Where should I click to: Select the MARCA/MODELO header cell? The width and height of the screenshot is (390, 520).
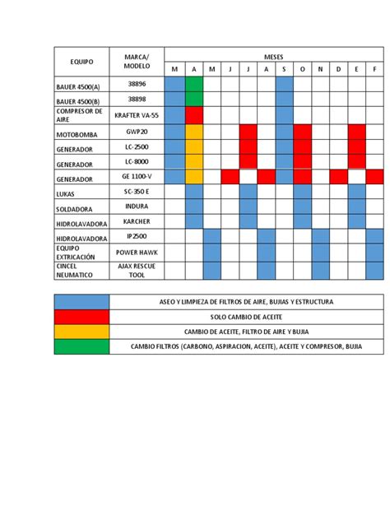pyautogui.click(x=137, y=61)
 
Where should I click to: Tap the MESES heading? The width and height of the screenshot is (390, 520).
pyautogui.click(x=274, y=56)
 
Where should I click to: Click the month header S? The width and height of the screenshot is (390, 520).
pyautogui.click(x=284, y=69)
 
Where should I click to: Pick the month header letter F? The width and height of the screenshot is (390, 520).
pyautogui.click(x=375, y=69)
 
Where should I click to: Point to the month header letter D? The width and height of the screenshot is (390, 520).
pyautogui.click(x=338, y=69)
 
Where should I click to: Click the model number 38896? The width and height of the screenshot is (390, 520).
pyautogui.click(x=137, y=83)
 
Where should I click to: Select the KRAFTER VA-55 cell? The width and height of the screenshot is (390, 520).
pyautogui.click(x=137, y=115)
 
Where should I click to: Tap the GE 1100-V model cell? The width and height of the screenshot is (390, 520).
pyautogui.click(x=137, y=177)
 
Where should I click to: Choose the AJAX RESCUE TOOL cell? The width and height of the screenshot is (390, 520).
pyautogui.click(x=137, y=271)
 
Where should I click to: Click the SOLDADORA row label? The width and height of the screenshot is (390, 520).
pyautogui.click(x=77, y=208)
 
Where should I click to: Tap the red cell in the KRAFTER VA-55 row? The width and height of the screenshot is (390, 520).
pyautogui.click(x=193, y=114)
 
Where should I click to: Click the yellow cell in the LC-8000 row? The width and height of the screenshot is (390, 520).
pyautogui.click(x=193, y=161)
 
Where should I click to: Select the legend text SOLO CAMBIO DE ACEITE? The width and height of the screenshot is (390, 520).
pyautogui.click(x=246, y=317)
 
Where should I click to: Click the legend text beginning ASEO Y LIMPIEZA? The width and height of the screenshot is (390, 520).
pyautogui.click(x=246, y=302)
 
